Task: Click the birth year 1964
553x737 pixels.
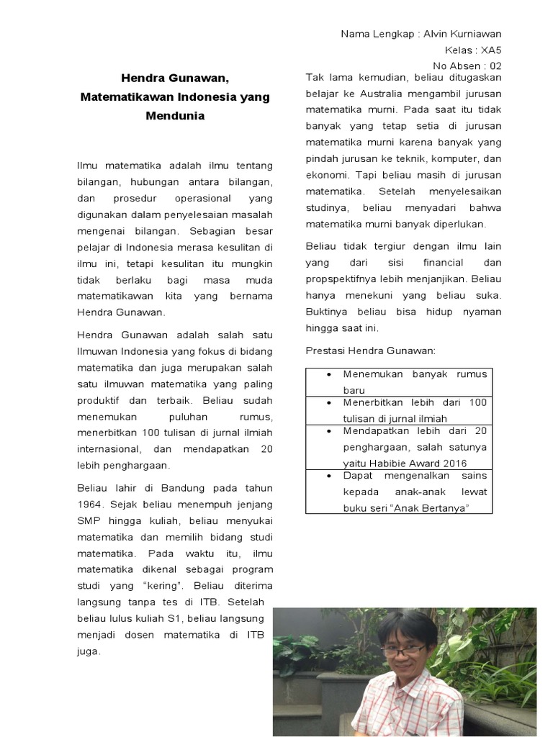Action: pyautogui.click(x=90, y=504)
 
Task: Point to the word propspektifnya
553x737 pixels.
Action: pyautogui.click(x=342, y=279)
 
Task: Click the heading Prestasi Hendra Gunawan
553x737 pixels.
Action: pyautogui.click(x=371, y=351)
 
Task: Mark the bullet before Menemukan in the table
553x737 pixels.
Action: pyautogui.click(x=328, y=375)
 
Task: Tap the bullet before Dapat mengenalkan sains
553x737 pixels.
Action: pyautogui.click(x=328, y=476)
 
